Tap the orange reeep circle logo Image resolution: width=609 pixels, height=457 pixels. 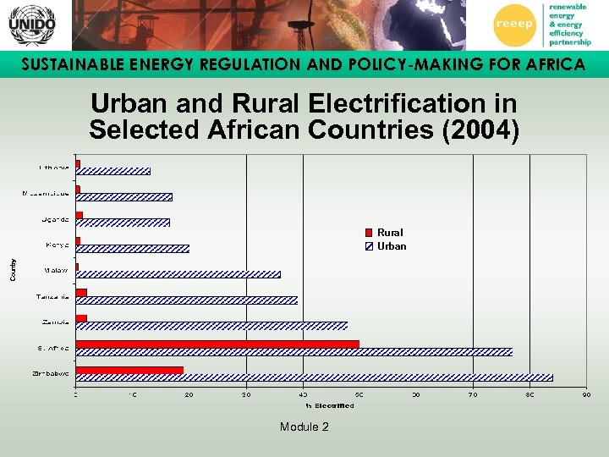pyautogui.click(x=518, y=25)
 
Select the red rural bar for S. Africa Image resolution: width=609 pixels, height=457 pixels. pyautogui.click(x=217, y=344)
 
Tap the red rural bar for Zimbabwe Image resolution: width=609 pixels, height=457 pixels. pyautogui.click(x=129, y=370)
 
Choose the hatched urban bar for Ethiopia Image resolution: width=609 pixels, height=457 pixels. pyautogui.click(x=113, y=171)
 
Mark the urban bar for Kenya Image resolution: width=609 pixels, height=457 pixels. pyautogui.click(x=133, y=249)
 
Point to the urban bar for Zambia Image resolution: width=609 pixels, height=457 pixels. pyautogui.click(x=211, y=326)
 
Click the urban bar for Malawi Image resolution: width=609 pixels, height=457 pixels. pyautogui.click(x=178, y=274)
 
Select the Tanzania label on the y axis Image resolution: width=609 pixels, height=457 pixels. pyautogui.click(x=52, y=296)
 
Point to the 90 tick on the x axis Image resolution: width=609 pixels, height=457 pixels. pyautogui.click(x=586, y=394)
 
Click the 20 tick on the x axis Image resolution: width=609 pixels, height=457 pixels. pyautogui.click(x=189, y=394)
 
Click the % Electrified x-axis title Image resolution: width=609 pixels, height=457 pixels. pyautogui.click(x=330, y=405)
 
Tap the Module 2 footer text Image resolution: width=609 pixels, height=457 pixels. pyautogui.click(x=304, y=427)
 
